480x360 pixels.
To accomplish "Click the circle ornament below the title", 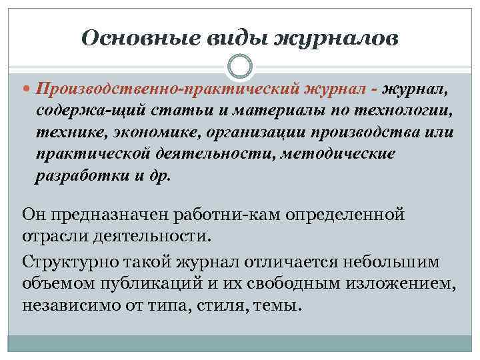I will coord(240,67).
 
